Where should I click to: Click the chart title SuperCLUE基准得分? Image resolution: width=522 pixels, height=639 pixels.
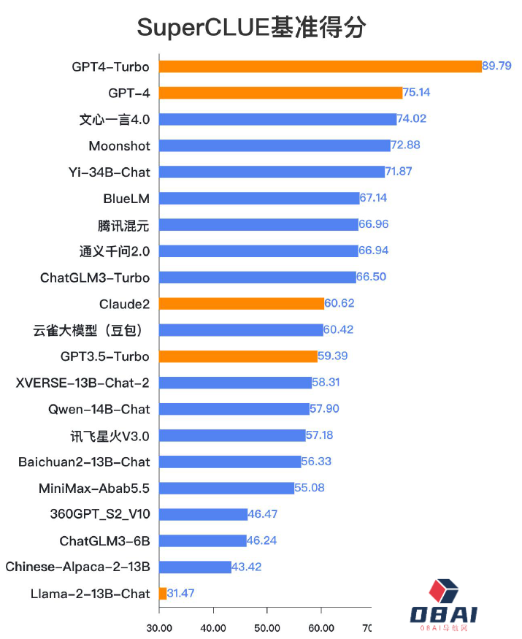click(251, 28)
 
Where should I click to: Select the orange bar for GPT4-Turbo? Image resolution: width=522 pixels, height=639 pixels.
click(320, 66)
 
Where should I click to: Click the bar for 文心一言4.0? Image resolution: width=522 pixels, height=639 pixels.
click(277, 119)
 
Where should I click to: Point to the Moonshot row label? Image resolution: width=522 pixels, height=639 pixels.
click(119, 146)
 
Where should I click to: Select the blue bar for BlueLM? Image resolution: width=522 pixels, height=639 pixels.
click(259, 198)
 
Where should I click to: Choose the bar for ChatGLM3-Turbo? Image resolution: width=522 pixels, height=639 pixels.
click(257, 278)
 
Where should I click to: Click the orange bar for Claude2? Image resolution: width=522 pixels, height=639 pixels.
click(241, 304)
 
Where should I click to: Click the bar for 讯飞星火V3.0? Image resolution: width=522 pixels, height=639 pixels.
click(232, 435)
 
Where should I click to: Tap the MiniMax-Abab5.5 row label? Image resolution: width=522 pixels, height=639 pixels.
click(94, 488)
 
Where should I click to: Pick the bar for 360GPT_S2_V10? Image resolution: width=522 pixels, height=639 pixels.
click(203, 514)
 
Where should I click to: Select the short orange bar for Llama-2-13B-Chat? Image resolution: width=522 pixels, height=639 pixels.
click(163, 594)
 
